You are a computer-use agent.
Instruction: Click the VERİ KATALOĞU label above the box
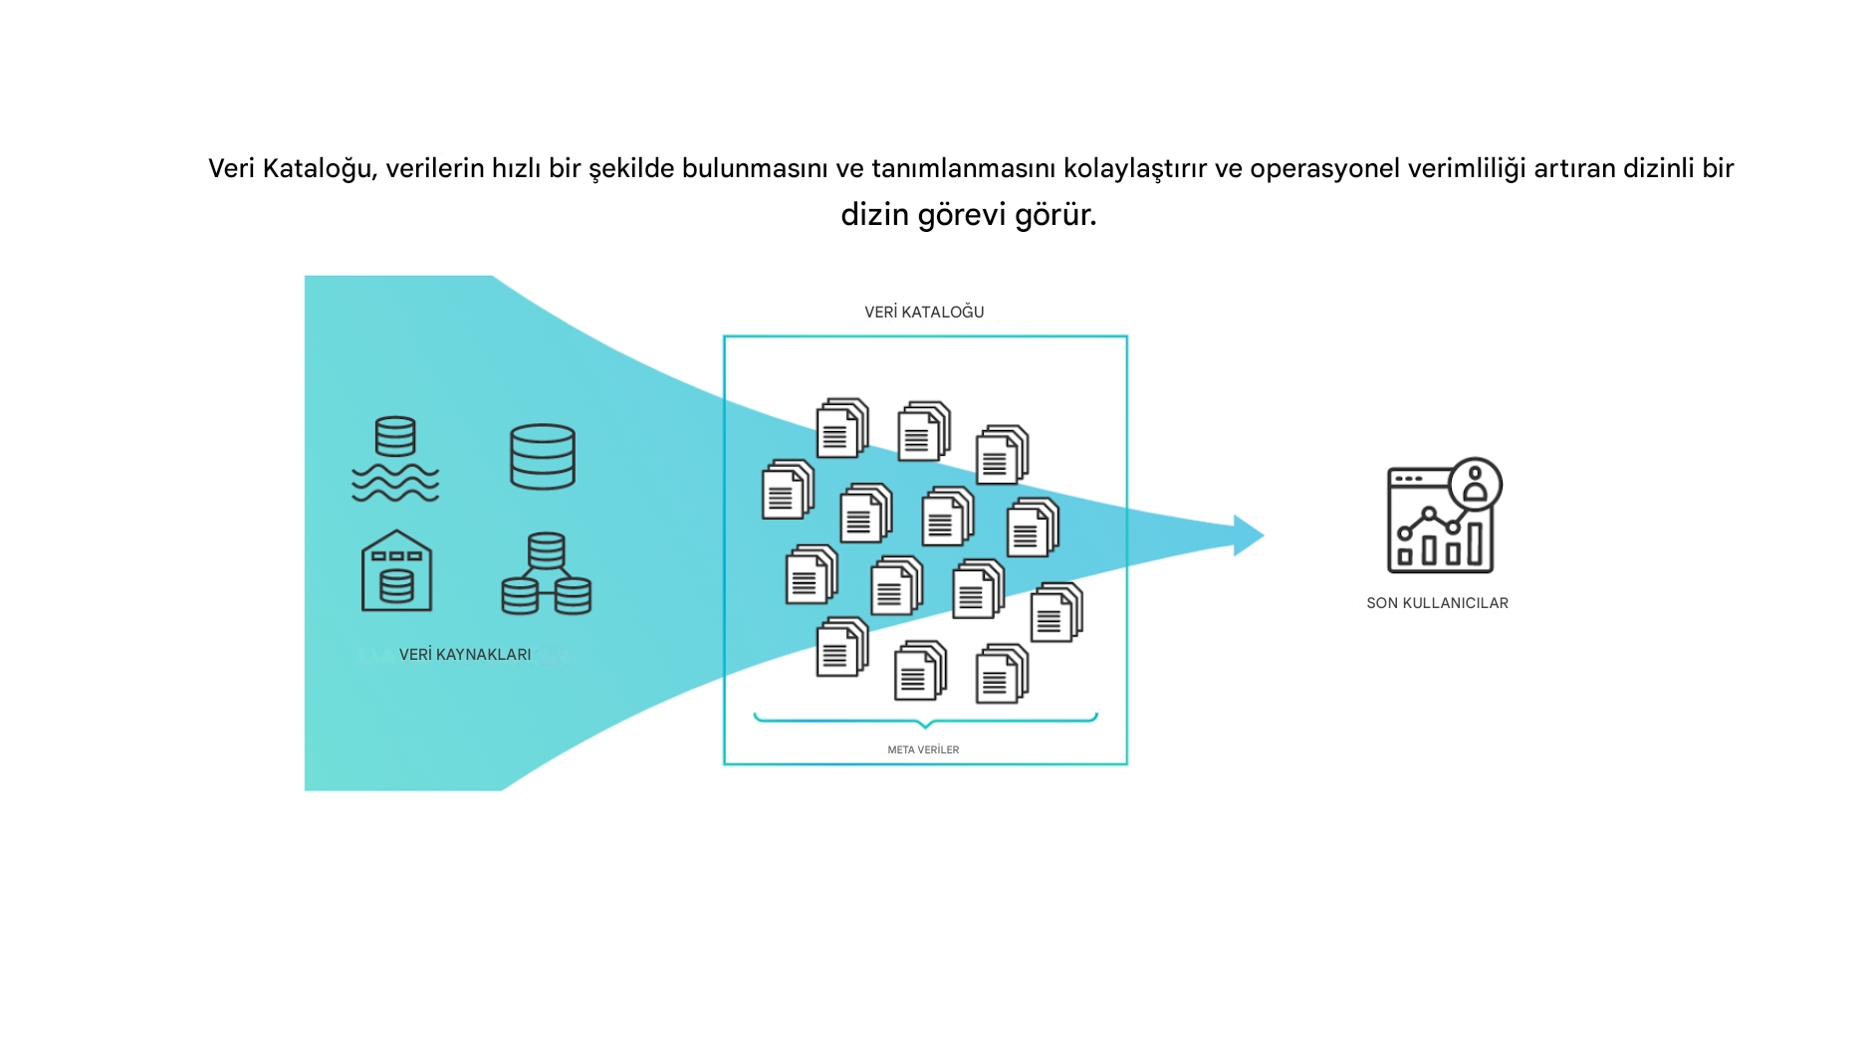point(924,313)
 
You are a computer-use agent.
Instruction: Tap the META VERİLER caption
point(923,750)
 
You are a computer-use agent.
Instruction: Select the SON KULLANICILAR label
point(1437,603)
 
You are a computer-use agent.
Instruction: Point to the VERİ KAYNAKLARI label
point(465,655)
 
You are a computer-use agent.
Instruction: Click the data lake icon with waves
point(395,459)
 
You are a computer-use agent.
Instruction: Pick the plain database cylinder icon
point(543,457)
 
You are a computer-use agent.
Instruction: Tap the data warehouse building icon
point(396,570)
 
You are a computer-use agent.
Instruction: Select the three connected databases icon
point(546,573)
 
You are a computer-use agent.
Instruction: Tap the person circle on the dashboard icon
point(1476,485)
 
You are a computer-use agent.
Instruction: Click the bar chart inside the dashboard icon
point(1440,544)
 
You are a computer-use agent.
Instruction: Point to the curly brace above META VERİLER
point(925,720)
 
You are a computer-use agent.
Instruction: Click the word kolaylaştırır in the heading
point(1135,169)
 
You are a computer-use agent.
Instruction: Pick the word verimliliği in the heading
point(1467,169)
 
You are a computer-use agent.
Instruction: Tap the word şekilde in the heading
point(631,169)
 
